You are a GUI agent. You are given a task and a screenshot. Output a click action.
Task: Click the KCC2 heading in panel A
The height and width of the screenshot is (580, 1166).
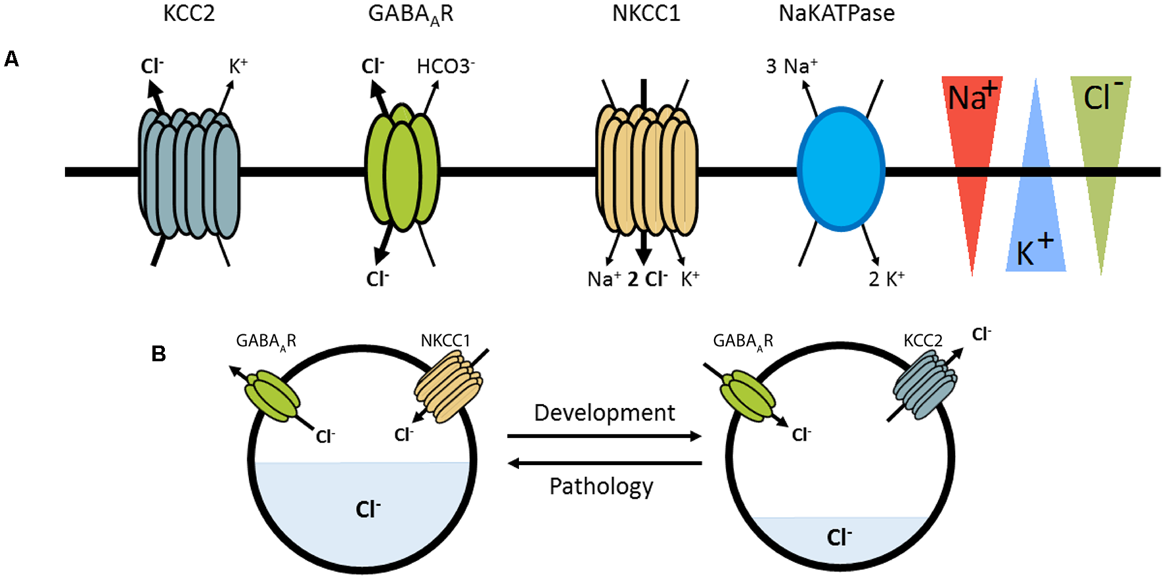point(189,13)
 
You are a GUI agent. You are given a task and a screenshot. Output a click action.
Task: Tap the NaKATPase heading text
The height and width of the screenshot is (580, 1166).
point(836,13)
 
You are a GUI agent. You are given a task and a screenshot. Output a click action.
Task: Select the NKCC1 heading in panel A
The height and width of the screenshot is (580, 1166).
point(646,13)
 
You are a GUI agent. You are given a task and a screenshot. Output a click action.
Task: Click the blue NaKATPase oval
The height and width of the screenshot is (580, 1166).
point(841,169)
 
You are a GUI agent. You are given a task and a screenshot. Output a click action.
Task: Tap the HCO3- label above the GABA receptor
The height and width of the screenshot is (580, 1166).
point(446,66)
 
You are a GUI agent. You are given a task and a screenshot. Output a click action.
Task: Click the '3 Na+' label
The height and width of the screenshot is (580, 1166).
point(792,66)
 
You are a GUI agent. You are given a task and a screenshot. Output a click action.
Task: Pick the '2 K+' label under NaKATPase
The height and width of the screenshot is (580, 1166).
point(886,279)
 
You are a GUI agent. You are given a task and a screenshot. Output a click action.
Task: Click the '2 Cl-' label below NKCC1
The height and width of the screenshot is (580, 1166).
point(647,279)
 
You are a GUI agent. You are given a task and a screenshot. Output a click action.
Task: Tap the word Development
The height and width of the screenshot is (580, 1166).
point(604,413)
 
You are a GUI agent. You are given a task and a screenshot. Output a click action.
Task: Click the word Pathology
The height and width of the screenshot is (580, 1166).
point(601,487)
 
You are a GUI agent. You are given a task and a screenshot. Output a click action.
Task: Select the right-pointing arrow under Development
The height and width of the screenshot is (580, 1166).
point(604,435)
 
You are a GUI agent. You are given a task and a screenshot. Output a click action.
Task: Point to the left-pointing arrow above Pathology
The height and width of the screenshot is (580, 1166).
point(604,463)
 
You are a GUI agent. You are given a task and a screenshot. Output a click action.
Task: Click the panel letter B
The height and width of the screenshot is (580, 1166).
point(158,354)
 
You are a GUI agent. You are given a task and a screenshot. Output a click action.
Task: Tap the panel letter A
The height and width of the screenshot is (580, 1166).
point(11,59)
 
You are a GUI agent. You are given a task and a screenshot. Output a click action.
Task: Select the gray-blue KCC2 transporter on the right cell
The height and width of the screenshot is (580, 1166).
point(926,385)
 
